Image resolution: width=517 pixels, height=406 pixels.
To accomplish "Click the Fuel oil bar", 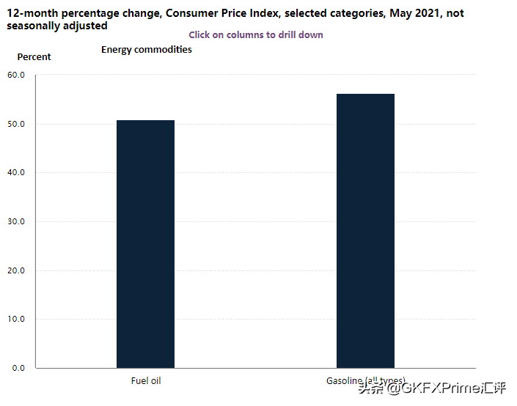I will click(x=145, y=243).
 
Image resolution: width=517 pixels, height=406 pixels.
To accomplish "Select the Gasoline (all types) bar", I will click(x=365, y=230).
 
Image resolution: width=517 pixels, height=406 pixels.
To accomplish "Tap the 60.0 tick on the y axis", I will click(x=16, y=75).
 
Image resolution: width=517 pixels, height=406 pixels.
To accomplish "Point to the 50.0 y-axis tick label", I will click(x=16, y=124).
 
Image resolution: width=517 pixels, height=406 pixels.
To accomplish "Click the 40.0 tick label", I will click(x=16, y=172).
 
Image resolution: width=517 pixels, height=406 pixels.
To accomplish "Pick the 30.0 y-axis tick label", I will click(x=16, y=221).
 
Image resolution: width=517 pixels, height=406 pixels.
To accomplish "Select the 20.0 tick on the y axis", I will click(x=16, y=270).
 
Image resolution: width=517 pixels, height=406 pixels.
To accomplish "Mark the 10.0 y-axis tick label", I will click(x=16, y=319).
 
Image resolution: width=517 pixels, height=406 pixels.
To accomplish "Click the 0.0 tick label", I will click(x=18, y=368).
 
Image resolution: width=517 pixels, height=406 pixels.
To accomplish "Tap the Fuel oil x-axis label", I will click(x=145, y=381).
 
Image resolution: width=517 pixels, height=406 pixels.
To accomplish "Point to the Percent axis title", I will click(x=34, y=57).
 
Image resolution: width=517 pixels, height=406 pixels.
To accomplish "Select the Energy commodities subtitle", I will click(x=147, y=50).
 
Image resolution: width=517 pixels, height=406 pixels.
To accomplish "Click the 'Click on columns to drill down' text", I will click(x=256, y=34).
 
